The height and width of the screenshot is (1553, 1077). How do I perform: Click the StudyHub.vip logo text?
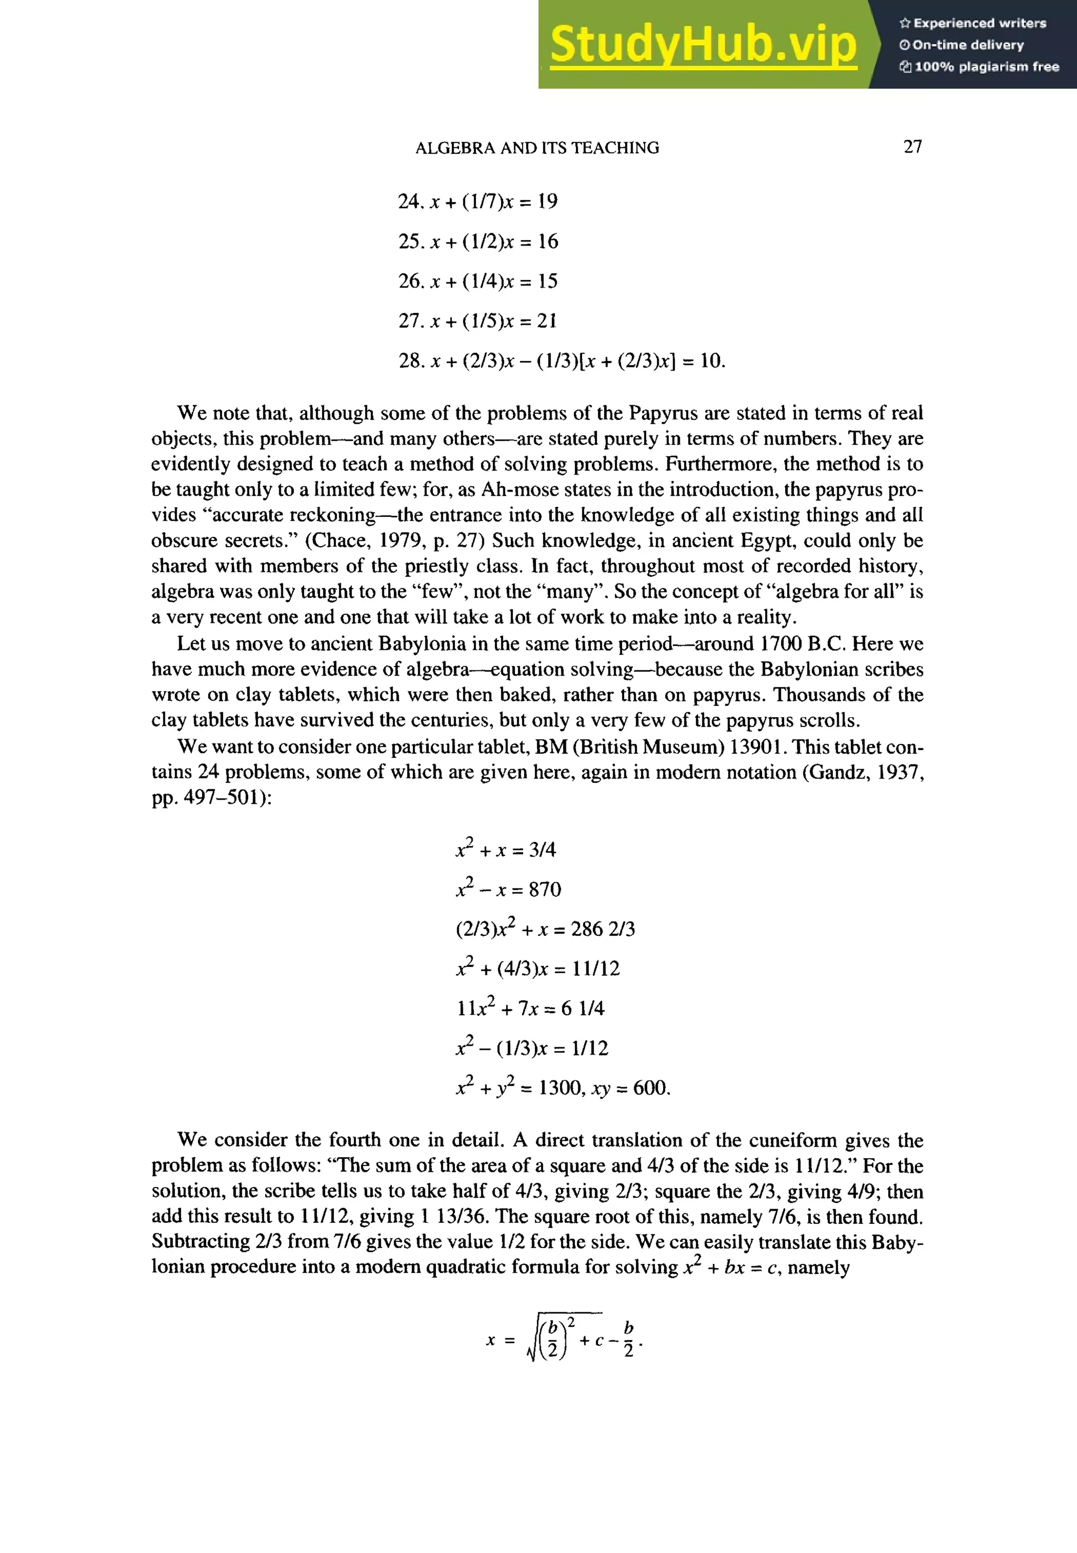[703, 45]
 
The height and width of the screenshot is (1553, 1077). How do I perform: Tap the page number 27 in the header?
[912, 147]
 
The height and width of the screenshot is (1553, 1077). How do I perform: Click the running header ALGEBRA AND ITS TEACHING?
[537, 148]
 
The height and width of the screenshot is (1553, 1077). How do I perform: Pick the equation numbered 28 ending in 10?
[562, 361]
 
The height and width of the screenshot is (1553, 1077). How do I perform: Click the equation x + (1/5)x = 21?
[478, 321]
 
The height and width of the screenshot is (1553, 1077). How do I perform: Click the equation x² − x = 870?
[508, 889]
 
